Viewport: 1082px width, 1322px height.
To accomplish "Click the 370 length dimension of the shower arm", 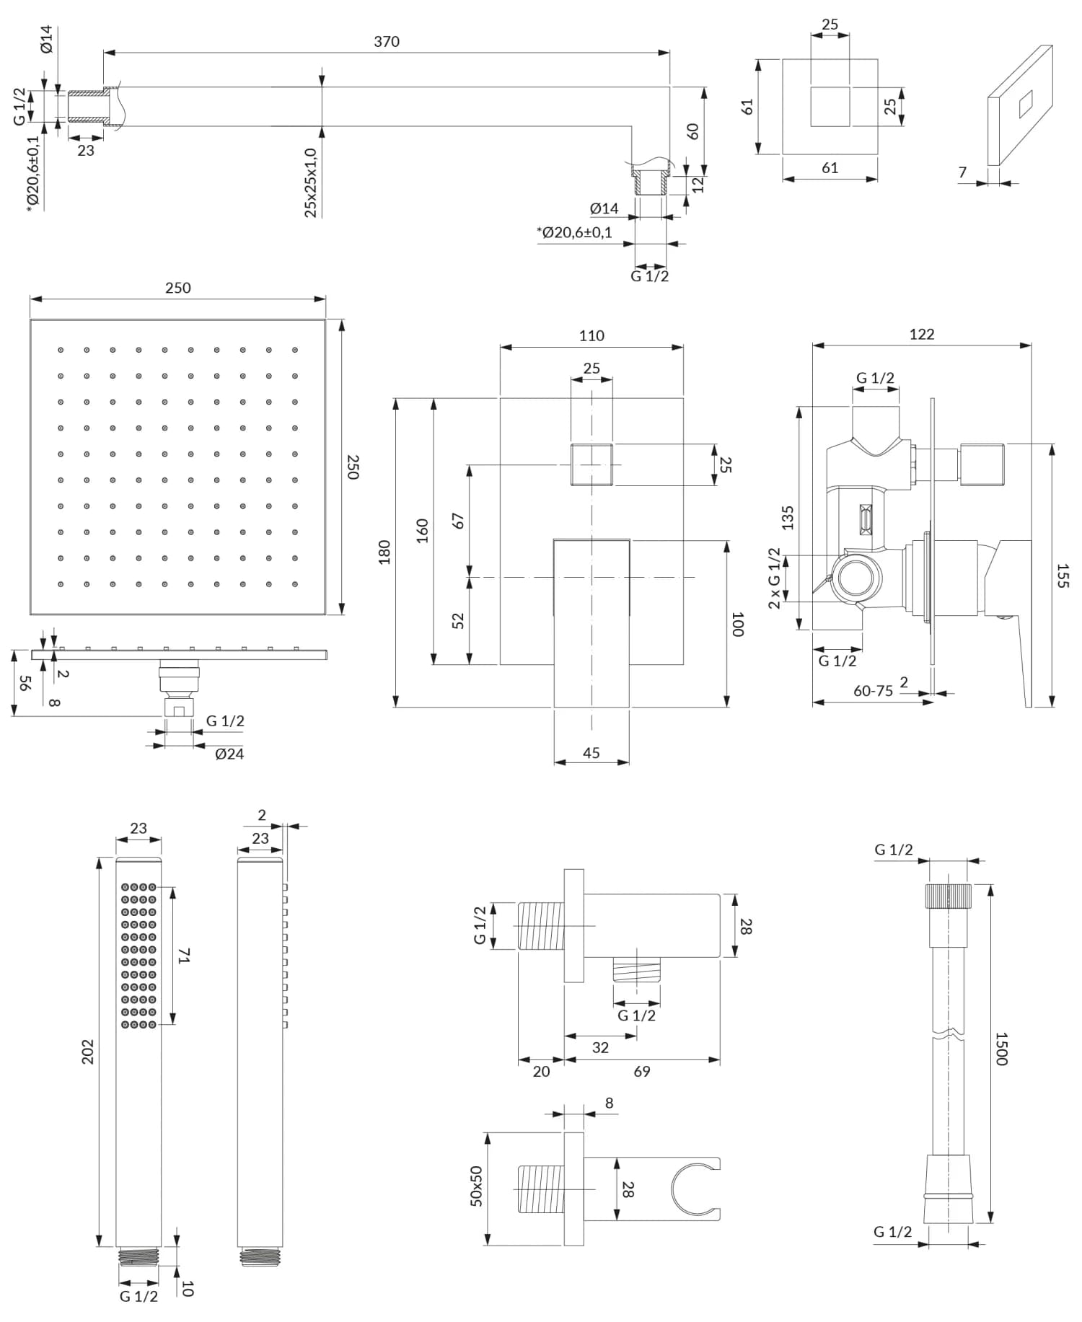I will pyautogui.click(x=387, y=42).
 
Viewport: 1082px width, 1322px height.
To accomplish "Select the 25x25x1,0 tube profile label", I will pyautogui.click(x=311, y=182).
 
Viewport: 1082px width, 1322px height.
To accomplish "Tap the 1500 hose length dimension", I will pyautogui.click(x=1002, y=1048).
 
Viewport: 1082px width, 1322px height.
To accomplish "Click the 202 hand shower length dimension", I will pyautogui.click(x=88, y=1052).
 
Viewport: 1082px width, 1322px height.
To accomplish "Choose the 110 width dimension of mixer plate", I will pyautogui.click(x=591, y=335).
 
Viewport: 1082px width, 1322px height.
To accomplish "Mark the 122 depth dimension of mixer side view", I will pyautogui.click(x=921, y=334).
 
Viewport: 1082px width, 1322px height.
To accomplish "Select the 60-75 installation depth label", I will pyautogui.click(x=873, y=691).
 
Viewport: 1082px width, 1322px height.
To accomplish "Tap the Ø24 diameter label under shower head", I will pyautogui.click(x=229, y=754).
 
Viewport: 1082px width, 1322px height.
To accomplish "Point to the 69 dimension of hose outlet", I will pyautogui.click(x=642, y=1071).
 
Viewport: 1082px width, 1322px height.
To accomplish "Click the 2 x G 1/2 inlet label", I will pyautogui.click(x=775, y=578).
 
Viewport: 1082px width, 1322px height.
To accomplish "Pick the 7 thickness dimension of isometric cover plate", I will pyautogui.click(x=962, y=172).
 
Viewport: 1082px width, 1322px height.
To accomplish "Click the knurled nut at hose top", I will pyautogui.click(x=949, y=894).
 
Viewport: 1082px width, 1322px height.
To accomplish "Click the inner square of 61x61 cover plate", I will pyautogui.click(x=830, y=106).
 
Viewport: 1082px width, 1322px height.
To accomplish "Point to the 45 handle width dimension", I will pyautogui.click(x=591, y=752).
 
